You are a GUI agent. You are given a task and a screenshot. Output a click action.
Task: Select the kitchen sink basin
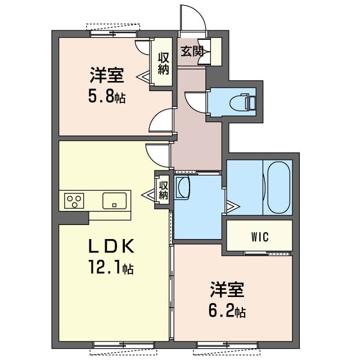tap(114, 201)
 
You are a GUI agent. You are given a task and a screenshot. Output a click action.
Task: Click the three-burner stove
tap(74, 201)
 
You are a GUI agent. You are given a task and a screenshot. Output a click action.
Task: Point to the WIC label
tap(260, 237)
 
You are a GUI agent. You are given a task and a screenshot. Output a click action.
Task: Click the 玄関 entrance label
tap(192, 51)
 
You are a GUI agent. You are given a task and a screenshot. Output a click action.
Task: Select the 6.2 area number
tap(221, 310)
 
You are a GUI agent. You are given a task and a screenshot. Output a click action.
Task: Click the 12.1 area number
tap(105, 267)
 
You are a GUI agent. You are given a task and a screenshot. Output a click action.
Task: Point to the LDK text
tap(111, 246)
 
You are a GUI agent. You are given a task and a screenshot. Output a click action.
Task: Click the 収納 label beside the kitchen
tap(163, 190)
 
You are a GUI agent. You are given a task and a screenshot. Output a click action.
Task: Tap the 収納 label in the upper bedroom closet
tap(163, 63)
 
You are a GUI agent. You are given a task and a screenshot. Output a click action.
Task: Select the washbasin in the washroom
tap(182, 187)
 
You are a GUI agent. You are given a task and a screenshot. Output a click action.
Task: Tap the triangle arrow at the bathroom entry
tap(233, 206)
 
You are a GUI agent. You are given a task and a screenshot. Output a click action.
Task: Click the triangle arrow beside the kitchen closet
tap(148, 195)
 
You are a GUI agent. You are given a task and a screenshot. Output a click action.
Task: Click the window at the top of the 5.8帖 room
tap(114, 34)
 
